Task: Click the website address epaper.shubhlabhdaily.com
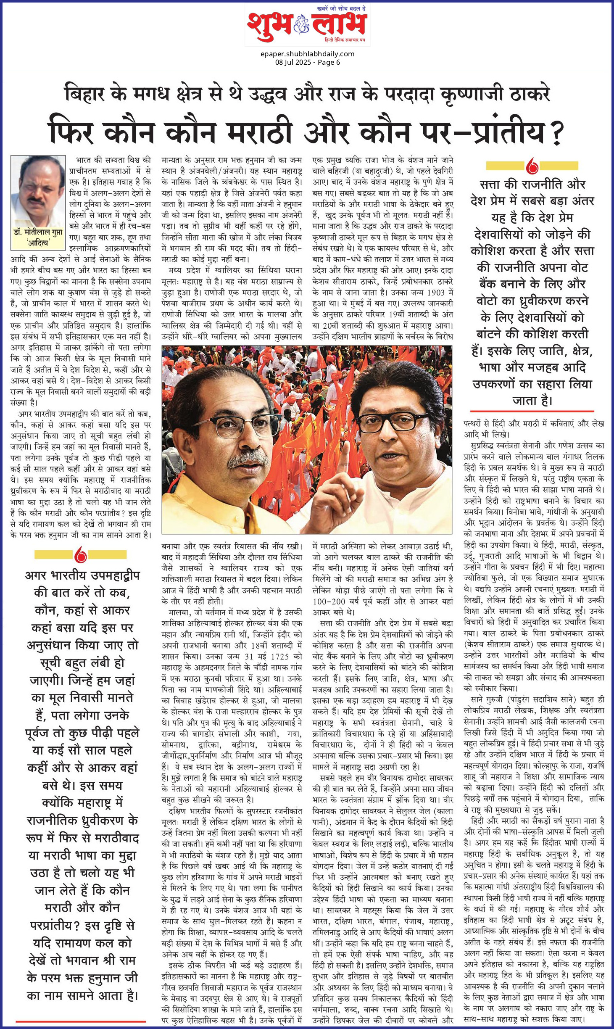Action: coord(307,54)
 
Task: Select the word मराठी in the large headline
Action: coord(260,132)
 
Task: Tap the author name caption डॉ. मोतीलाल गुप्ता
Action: coord(38,232)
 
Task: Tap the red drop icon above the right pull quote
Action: coord(532,166)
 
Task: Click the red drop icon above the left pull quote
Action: coord(80,555)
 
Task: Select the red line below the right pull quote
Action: coord(532,411)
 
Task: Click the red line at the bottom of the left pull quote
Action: coord(80,1021)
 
